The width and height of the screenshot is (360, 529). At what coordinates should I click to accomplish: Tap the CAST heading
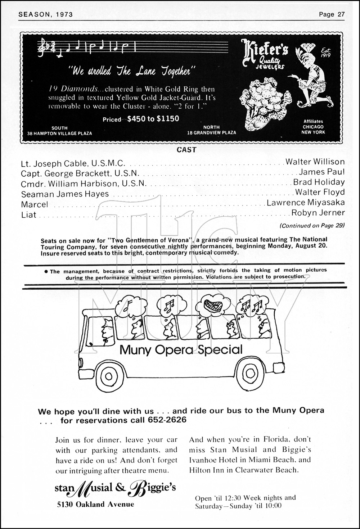(x=186, y=150)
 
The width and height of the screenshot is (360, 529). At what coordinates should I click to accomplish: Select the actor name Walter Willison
(x=315, y=162)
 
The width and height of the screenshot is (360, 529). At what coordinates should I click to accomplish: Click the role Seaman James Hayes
(x=65, y=194)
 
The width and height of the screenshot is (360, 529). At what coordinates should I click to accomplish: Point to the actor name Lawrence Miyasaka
(x=306, y=203)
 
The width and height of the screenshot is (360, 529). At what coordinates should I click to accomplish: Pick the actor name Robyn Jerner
(x=318, y=213)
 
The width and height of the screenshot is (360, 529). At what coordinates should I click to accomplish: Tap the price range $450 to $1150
(x=153, y=119)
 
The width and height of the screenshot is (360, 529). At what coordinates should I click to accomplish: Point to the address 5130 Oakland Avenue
(x=95, y=504)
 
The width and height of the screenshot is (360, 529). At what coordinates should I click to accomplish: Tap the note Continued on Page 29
(x=312, y=226)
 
